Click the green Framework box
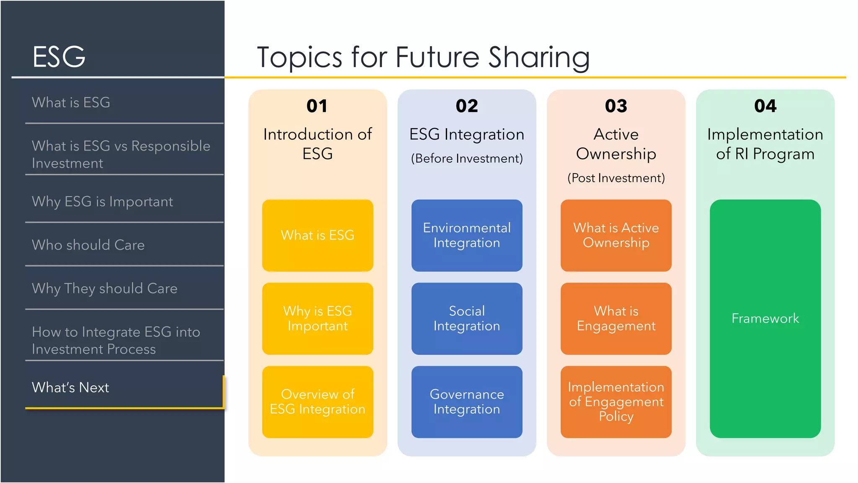[x=765, y=319]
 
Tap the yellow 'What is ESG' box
[x=318, y=235]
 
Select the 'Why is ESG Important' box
[x=318, y=319]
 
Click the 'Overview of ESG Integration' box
[x=318, y=402]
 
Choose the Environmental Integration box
[x=467, y=235]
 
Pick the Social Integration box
[x=467, y=319]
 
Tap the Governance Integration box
[x=467, y=402]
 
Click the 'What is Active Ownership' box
[x=616, y=235]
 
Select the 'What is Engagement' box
[x=616, y=319]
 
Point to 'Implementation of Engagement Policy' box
[x=616, y=402]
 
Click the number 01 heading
[x=317, y=106]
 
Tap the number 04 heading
[x=765, y=106]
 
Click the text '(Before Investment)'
[x=467, y=158]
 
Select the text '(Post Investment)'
[x=616, y=178]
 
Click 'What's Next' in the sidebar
[x=70, y=387]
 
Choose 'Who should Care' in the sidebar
[x=88, y=245]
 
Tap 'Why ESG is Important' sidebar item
[x=102, y=202]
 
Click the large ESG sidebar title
[x=59, y=57]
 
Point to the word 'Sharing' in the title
[x=539, y=58]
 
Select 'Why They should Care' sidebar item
[x=105, y=288]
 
